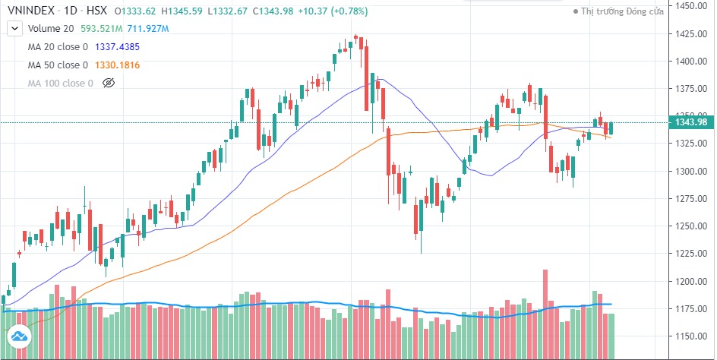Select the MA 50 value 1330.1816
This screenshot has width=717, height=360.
[x=124, y=65]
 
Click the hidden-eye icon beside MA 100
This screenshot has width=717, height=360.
[x=107, y=83]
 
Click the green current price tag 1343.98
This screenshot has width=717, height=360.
[x=690, y=122]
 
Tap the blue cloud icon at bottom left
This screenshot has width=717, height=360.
[x=18, y=336]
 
